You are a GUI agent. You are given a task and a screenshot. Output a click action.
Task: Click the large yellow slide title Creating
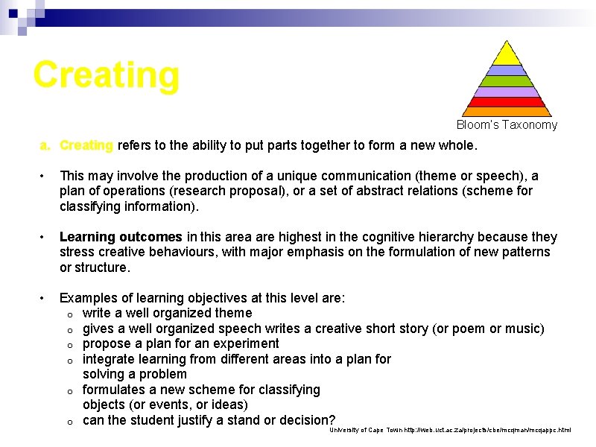107,74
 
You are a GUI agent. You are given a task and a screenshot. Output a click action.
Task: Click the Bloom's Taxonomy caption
507,125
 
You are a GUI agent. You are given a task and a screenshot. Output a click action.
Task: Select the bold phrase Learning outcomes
121,237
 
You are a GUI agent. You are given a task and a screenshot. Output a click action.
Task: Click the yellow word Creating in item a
86,145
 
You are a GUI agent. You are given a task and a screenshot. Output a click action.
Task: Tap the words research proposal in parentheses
267,191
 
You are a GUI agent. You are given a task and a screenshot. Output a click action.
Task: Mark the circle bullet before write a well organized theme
69,314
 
